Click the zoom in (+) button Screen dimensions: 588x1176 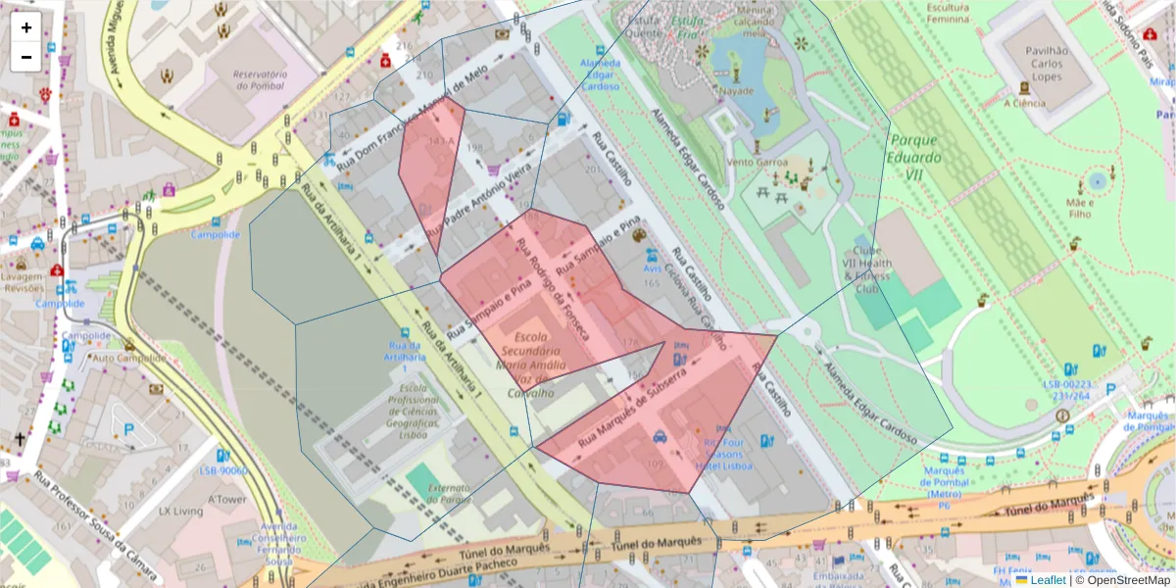pos(26,27)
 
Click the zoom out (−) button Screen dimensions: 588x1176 pos(26,57)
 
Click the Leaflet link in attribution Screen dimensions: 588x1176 pos(1046,580)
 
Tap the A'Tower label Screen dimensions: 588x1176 pos(226,498)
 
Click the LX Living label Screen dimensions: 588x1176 pos(180,512)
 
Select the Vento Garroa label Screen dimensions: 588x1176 pos(752,162)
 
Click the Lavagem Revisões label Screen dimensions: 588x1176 pos(24,282)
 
